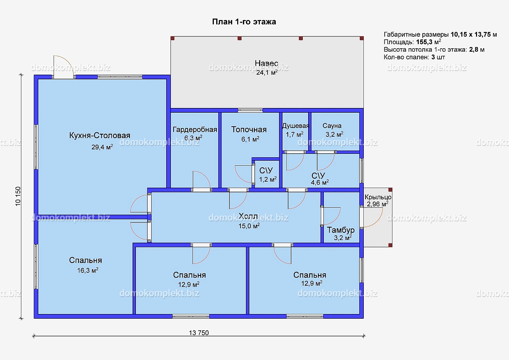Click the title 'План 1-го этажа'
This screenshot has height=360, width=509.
click(244, 22)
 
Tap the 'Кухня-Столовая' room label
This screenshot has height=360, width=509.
click(100, 136)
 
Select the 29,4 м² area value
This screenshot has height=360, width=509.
click(102, 147)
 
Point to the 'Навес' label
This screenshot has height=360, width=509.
click(266, 63)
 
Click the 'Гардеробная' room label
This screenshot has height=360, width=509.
click(195, 130)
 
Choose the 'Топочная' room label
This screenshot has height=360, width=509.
click(249, 129)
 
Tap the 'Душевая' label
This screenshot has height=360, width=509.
click(295, 126)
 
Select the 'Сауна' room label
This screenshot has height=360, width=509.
click(332, 126)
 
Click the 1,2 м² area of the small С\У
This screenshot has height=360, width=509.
click(268, 179)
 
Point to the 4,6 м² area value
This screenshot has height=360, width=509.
click(320, 182)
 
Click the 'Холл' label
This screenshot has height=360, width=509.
click(248, 216)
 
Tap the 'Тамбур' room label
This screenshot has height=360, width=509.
click(341, 230)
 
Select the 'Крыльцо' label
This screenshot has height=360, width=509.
click(378, 197)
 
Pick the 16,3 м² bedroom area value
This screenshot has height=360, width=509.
click(88, 270)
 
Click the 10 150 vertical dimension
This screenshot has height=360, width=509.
click(18, 196)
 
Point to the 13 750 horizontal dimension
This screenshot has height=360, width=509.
click(199, 333)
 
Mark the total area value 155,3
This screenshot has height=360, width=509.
click(424, 42)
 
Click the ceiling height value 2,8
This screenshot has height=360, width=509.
click(474, 50)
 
